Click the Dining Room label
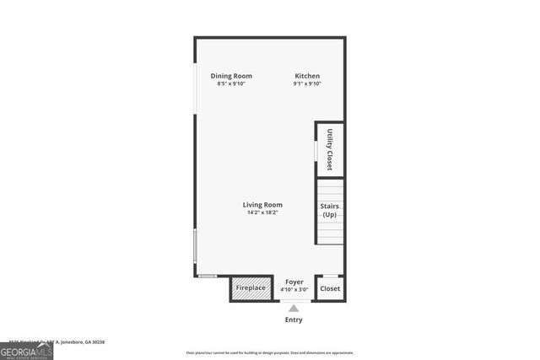coord(231,76)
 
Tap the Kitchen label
coord(306,76)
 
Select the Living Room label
coord(262,205)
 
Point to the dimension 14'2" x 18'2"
coord(262,212)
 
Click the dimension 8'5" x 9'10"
coord(231,83)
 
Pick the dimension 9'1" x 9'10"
coord(306,83)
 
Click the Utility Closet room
coord(330,149)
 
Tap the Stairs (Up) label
coord(330,210)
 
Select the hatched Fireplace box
coord(251,288)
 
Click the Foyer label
coord(294,282)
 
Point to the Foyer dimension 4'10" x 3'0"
coord(294,289)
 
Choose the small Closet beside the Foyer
coord(330,288)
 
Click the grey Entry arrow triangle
coord(294,307)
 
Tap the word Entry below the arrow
coord(294,320)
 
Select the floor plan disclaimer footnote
coord(270,353)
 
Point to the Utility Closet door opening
coord(316,151)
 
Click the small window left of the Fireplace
coord(207,276)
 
